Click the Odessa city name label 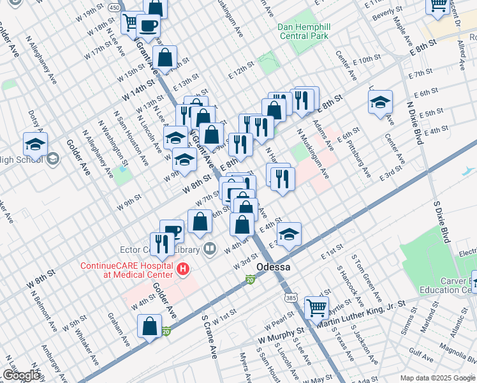(273, 267)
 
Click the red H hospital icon (184, 269)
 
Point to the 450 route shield (114, 7)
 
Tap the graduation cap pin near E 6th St (380, 101)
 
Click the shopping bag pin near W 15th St (165, 57)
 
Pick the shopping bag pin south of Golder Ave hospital (150, 326)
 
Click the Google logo (20, 375)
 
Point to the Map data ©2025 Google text (437, 378)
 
